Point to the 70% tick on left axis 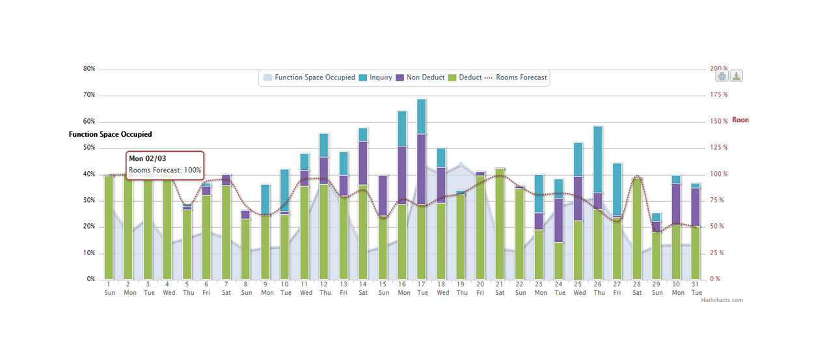pos(88,95)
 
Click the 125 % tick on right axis pos(718,148)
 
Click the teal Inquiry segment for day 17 pos(422,117)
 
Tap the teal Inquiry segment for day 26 pos(598,159)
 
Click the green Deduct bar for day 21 pos(500,224)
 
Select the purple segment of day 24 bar pos(558,220)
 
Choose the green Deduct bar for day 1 pos(109,227)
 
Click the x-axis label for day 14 pos(363,288)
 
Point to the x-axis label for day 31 pos(696,288)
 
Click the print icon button pos(722,76)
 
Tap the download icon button pos(736,76)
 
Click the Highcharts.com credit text pos(722,300)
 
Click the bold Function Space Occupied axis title pos(110,134)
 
